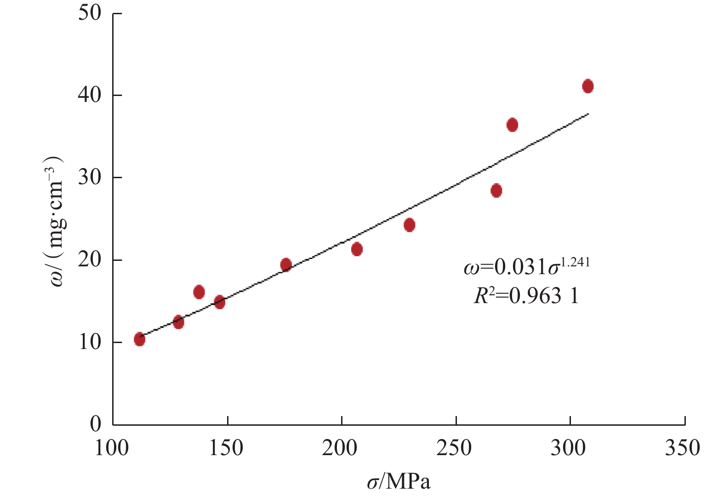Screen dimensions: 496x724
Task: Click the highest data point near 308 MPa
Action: click(587, 86)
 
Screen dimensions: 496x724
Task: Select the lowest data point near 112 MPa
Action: click(140, 339)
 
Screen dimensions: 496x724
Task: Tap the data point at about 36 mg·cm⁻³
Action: click(512, 124)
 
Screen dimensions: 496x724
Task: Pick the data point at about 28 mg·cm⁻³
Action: click(496, 191)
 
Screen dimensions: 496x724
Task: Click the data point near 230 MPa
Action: click(409, 225)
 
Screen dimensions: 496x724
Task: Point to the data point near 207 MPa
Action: click(357, 249)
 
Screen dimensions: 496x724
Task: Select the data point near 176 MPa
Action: click(286, 265)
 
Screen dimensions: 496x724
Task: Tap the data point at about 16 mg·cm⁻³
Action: click(199, 292)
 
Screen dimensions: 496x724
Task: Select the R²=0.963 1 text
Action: click(526, 296)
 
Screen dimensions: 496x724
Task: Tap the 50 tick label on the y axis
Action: click(89, 13)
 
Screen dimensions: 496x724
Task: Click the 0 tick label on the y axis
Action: click(96, 424)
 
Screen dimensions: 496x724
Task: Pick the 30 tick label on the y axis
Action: click(89, 177)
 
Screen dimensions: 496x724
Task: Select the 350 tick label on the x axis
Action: click(683, 448)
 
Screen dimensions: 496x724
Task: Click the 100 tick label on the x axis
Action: click(112, 448)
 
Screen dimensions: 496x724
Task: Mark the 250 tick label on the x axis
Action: click(454, 448)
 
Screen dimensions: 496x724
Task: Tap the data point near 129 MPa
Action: click(178, 322)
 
